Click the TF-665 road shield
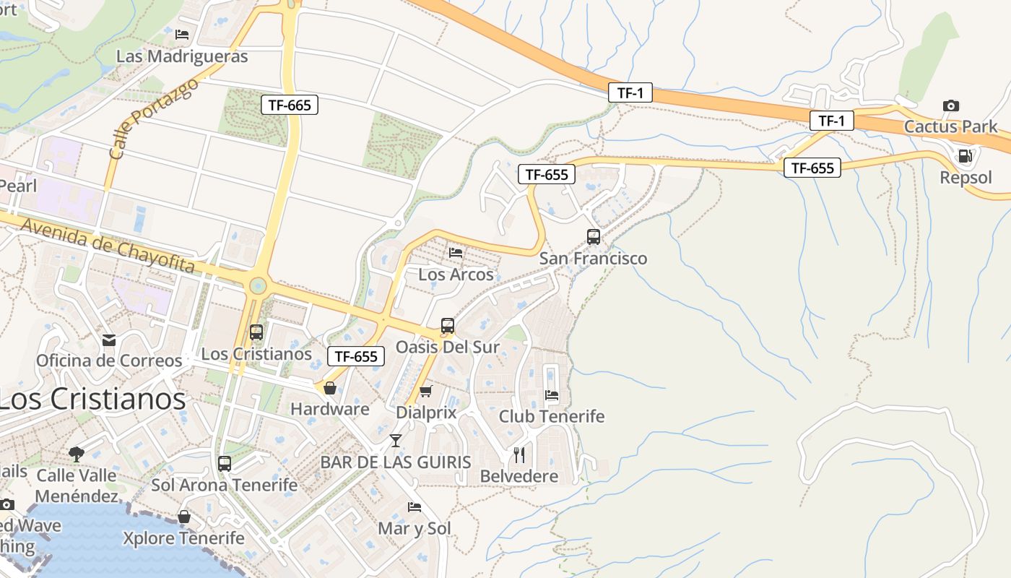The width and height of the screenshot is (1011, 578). (289, 105)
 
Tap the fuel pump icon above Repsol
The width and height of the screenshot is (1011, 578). (963, 155)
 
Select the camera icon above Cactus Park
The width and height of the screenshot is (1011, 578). (951, 105)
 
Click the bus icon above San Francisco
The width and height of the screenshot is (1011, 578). (594, 236)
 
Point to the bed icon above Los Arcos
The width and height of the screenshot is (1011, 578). (456, 252)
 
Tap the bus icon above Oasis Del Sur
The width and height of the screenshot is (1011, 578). (448, 326)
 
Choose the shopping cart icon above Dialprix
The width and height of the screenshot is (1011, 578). (426, 391)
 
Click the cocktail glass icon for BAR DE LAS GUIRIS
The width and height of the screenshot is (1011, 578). (395, 440)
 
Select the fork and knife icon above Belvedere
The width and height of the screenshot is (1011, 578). (519, 454)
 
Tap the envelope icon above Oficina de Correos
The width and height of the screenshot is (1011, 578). (109, 340)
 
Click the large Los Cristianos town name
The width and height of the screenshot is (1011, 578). (92, 400)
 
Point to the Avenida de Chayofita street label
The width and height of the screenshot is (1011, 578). (108, 246)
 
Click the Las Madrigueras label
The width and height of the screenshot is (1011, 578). (182, 56)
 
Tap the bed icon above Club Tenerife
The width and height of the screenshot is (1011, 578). (552, 395)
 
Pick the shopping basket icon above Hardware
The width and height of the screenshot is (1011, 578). (330, 388)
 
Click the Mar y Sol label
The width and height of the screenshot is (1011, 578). (415, 528)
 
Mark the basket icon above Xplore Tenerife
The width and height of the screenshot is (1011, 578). (184, 517)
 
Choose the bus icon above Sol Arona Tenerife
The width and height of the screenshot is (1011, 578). (225, 464)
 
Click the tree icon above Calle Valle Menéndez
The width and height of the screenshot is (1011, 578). (77, 454)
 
